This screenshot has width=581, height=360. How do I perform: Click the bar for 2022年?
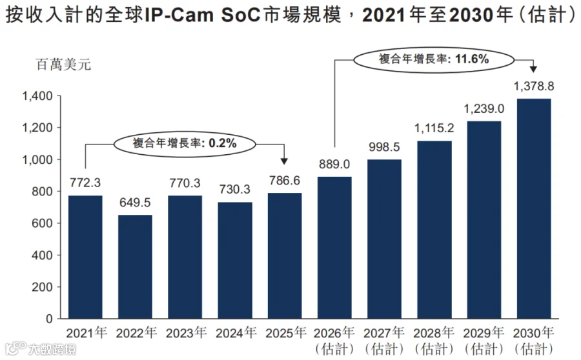click(x=135, y=266)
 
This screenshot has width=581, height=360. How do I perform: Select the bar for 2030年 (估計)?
click(x=534, y=208)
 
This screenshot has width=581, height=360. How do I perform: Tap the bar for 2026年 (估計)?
click(x=334, y=247)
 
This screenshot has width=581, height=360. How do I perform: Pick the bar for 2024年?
click(x=235, y=261)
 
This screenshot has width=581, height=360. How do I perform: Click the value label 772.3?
click(x=85, y=183)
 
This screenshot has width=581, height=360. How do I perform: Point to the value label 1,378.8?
click(x=534, y=86)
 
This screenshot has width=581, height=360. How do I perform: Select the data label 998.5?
click(x=384, y=147)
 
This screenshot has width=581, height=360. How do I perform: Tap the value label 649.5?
click(x=135, y=203)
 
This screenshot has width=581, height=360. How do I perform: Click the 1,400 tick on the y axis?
click(x=37, y=96)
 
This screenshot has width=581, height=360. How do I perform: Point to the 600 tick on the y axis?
click(x=42, y=223)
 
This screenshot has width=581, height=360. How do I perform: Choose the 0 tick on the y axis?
click(x=49, y=319)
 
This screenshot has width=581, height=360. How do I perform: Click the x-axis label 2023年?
click(x=186, y=333)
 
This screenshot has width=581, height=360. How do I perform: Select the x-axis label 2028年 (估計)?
click(x=434, y=341)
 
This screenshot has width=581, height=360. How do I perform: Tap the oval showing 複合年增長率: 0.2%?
click(x=185, y=143)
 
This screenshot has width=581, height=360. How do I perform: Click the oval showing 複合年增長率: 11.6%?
click(x=434, y=59)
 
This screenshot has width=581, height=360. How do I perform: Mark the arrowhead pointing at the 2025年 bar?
click(x=284, y=161)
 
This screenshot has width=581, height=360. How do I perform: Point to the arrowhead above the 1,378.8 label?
click(x=533, y=69)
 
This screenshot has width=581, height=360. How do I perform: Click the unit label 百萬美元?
click(x=63, y=65)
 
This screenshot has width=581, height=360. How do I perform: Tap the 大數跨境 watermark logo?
click(x=41, y=349)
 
